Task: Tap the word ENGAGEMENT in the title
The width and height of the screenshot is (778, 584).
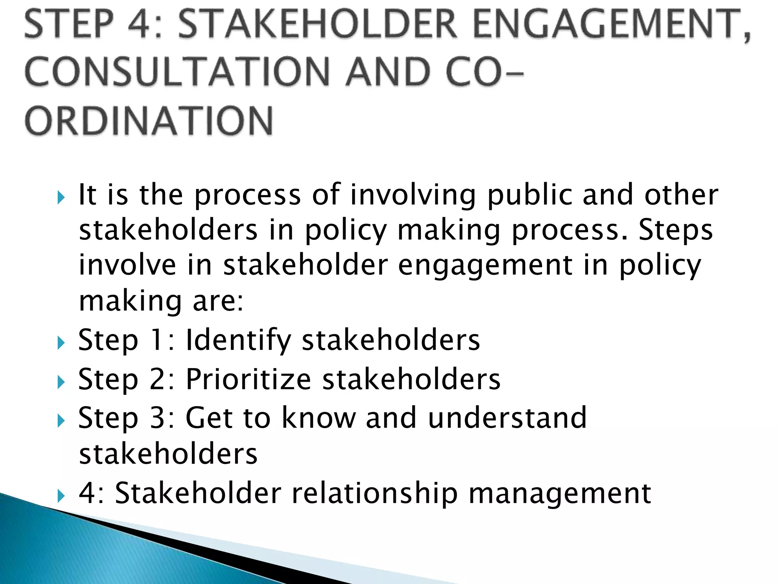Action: pos(606,24)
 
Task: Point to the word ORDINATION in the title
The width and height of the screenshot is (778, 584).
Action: pos(149,121)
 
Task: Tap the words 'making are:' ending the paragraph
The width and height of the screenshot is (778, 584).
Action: pos(161,301)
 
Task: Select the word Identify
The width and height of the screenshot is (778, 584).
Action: pos(238,340)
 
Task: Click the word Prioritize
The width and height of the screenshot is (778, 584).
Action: pos(248,379)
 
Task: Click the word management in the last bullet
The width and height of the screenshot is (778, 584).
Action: pos(560,493)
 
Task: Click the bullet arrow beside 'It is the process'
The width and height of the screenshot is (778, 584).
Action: pos(61,197)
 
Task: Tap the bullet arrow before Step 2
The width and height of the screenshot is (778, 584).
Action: pos(61,382)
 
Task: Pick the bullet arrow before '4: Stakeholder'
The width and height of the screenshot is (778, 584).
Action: pos(61,495)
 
